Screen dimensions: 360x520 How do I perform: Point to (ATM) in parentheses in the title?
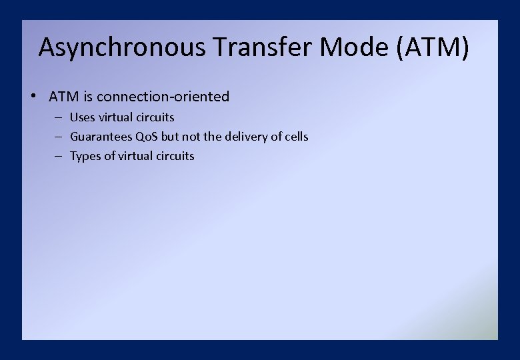tap(433, 48)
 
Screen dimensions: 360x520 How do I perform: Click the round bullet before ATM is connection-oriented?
tap(33, 95)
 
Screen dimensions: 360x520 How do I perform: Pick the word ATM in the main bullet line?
tap(64, 97)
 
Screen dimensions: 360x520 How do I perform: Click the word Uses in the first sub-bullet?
tap(83, 117)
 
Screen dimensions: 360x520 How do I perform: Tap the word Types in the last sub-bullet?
tap(85, 156)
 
